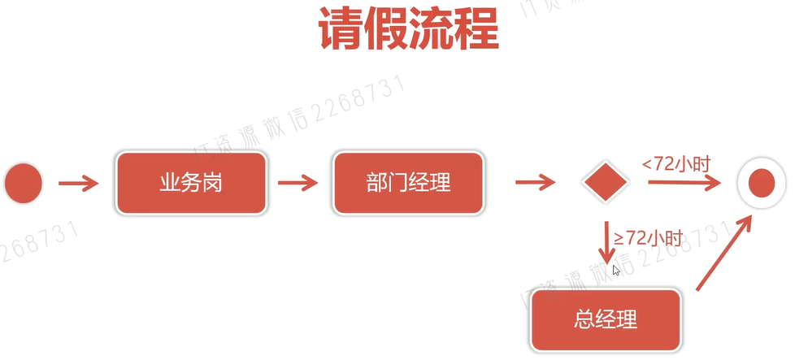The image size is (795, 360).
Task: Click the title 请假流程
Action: (x=408, y=32)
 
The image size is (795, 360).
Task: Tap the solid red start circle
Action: (x=24, y=183)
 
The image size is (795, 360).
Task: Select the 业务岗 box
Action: (x=191, y=183)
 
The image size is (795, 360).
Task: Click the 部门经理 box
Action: (x=407, y=183)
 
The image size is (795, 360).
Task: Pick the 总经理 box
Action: (x=605, y=319)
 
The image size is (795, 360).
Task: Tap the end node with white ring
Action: (x=762, y=183)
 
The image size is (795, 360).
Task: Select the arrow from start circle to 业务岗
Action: (x=79, y=184)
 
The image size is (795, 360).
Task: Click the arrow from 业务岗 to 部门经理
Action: (x=298, y=184)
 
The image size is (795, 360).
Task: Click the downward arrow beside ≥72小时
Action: (x=606, y=241)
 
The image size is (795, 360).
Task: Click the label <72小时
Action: (x=676, y=164)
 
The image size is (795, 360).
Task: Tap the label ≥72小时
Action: (x=648, y=237)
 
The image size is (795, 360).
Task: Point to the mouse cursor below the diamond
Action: (x=616, y=270)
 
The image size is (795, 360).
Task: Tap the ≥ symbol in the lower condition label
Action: (x=619, y=238)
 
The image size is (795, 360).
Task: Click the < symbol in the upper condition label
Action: (x=647, y=164)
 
